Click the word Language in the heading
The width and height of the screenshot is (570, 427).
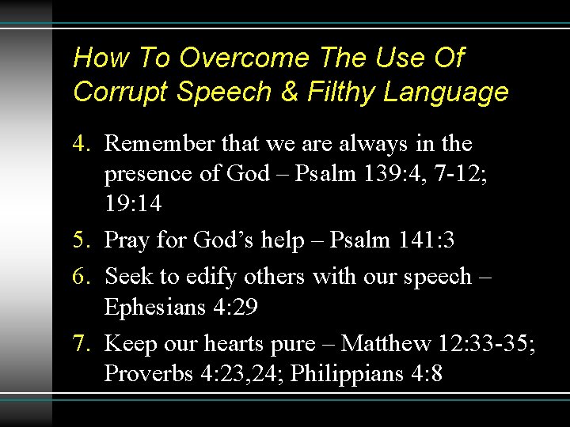(x=446, y=93)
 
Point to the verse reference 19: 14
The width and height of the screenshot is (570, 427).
(x=133, y=205)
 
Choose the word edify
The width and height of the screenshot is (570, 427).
(x=209, y=276)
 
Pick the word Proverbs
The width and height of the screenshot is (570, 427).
(x=148, y=374)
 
